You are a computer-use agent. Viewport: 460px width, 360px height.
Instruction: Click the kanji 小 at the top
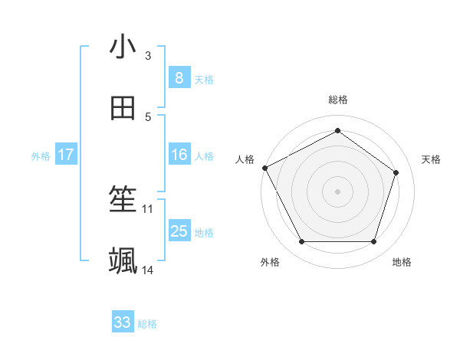tap(123, 47)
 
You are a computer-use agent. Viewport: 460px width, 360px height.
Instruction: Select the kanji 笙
tap(123, 201)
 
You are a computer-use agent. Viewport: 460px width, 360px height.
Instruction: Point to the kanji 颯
tap(123, 261)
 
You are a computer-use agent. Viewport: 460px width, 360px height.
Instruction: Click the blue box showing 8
tap(179, 77)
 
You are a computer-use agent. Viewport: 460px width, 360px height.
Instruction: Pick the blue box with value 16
tap(179, 155)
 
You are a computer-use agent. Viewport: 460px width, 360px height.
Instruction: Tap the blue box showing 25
tap(179, 231)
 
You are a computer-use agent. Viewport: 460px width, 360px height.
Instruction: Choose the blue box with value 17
tap(65, 155)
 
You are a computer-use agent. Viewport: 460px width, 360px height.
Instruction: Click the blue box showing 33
tap(123, 322)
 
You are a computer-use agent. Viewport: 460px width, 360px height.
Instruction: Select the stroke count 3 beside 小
tap(148, 55)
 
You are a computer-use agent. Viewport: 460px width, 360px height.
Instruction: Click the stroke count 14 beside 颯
tap(148, 270)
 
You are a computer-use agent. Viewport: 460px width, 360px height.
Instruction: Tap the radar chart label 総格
tap(338, 100)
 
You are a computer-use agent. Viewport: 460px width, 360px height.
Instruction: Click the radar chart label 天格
tap(431, 159)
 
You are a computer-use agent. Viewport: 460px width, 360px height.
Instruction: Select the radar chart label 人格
tap(245, 159)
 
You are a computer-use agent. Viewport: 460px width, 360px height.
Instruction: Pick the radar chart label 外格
tap(270, 262)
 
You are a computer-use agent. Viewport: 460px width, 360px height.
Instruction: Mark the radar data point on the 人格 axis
tap(264, 168)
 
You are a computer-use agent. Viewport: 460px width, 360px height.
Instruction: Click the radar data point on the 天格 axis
tap(396, 172)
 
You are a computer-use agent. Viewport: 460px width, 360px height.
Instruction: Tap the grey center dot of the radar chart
tap(338, 191)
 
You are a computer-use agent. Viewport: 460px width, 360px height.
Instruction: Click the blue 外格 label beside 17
tap(41, 155)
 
